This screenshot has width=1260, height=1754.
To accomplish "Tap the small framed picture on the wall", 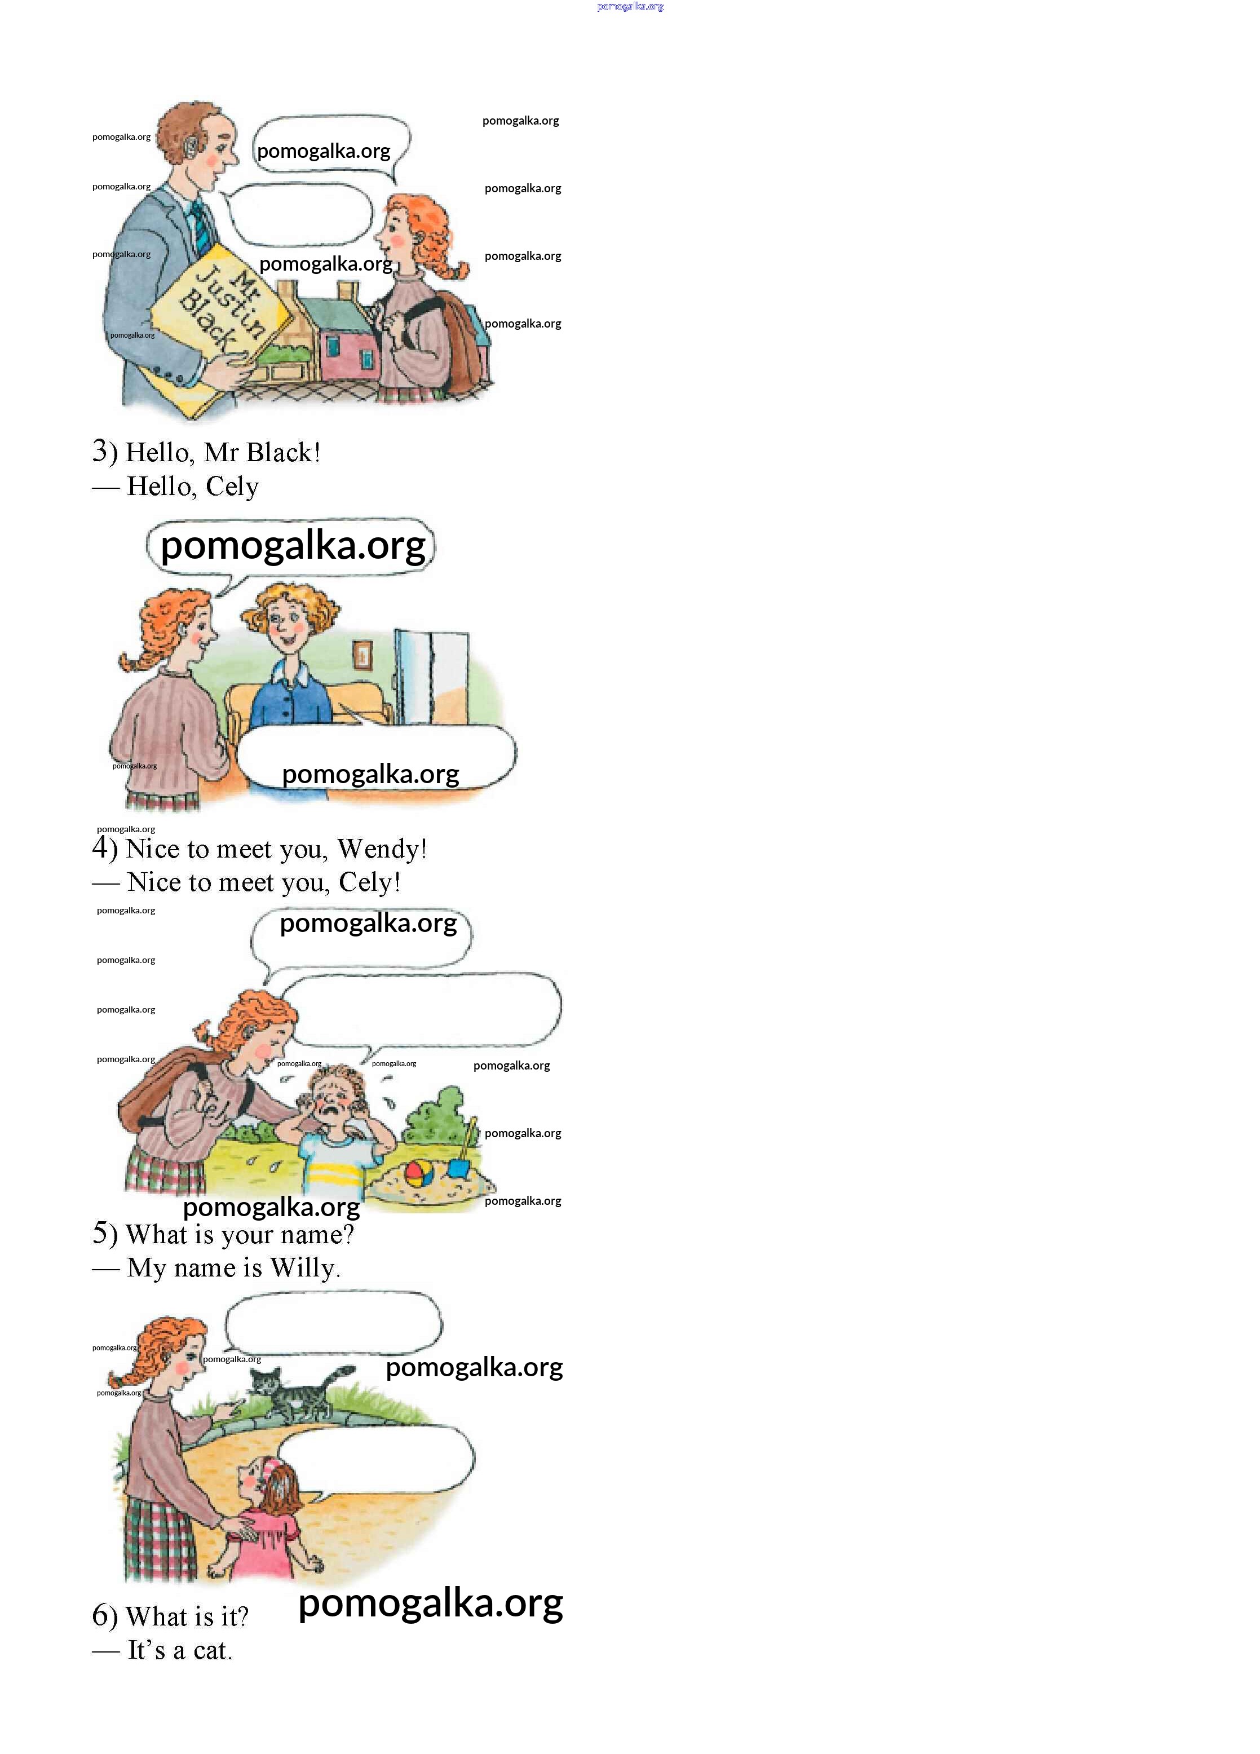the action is pos(361,656).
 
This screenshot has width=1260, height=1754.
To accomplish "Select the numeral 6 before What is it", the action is pos(100,1616).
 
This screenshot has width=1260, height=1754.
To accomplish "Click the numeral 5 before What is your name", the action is pos(100,1232).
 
